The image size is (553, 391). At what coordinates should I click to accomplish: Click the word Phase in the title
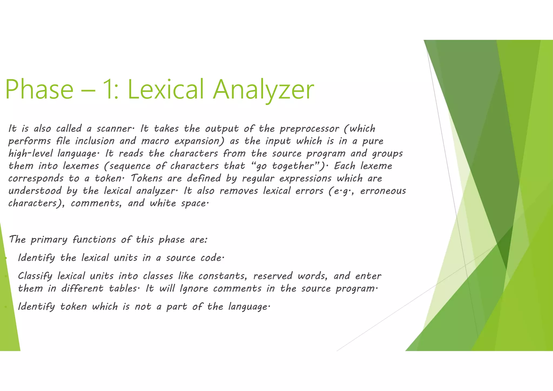point(39,89)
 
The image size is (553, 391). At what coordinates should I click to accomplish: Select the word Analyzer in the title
point(263,89)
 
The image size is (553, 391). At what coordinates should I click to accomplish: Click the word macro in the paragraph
point(155,141)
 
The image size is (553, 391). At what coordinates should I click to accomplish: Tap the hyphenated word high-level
point(31,154)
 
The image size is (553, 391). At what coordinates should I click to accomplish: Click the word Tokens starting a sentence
point(147,178)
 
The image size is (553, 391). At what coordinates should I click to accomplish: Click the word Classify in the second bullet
point(35,276)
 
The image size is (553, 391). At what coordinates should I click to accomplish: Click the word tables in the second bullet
point(124,289)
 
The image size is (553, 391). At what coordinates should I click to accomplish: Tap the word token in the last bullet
point(73,307)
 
